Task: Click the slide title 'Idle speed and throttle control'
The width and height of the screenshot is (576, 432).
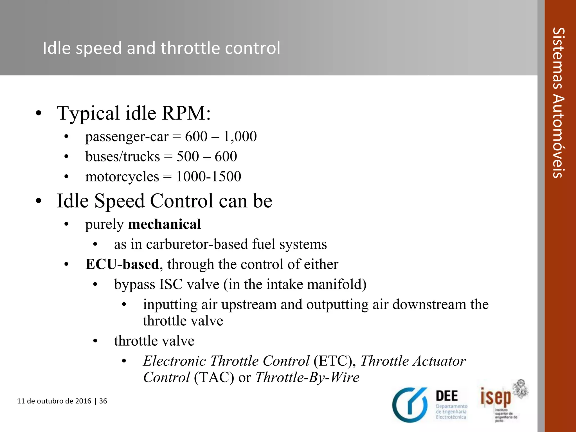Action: point(161,48)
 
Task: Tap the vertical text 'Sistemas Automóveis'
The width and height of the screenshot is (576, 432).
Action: point(559,103)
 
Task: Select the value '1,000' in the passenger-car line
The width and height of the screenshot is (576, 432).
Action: point(240,136)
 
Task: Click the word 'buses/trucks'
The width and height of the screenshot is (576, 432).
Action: point(123,157)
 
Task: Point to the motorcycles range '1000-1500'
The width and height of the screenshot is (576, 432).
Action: point(208,177)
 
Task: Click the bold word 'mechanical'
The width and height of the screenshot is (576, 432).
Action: point(165,224)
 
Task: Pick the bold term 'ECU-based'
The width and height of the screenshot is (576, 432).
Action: point(122,264)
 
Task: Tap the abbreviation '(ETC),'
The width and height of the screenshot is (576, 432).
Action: point(335,361)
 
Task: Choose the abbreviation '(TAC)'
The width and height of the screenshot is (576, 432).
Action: point(214,377)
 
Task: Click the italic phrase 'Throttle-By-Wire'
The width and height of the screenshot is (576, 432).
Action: point(307,377)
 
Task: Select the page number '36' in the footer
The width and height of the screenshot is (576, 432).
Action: point(103,401)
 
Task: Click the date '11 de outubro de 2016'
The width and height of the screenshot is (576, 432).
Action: point(54,401)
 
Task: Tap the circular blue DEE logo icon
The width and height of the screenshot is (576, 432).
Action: point(410,405)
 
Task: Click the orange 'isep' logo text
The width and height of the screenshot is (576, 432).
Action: point(496,397)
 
